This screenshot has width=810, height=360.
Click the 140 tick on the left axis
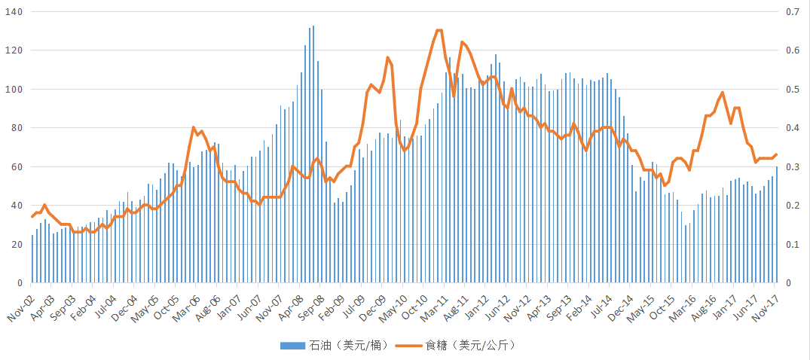[14, 12]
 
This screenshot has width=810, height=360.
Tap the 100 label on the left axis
[14, 90]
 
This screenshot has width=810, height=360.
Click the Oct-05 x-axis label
[166, 299]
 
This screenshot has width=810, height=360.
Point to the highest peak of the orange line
[439, 30]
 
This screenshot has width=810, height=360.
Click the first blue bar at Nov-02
[32, 258]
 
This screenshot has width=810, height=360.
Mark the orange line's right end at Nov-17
[776, 154]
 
